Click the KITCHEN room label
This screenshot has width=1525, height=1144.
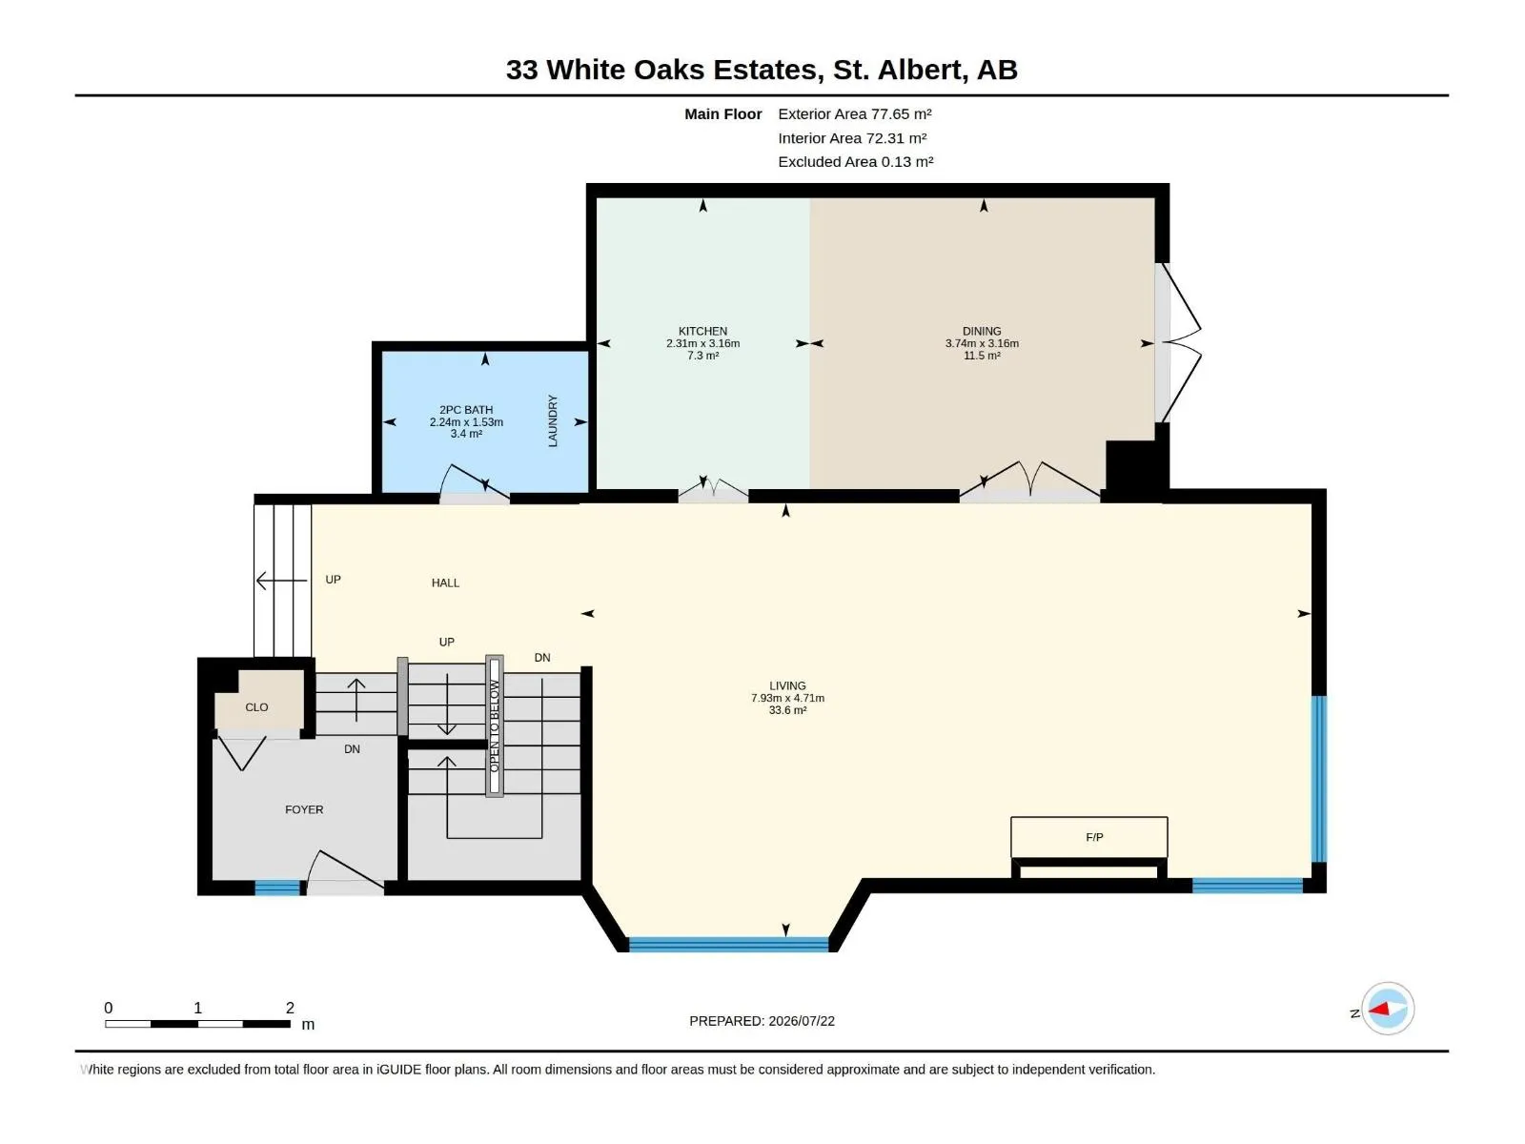click(x=702, y=332)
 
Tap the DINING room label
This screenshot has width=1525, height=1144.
click(x=982, y=332)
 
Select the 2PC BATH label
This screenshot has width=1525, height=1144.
click(x=465, y=410)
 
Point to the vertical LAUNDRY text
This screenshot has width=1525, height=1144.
click(x=552, y=421)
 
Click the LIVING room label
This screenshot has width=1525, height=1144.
click(x=787, y=685)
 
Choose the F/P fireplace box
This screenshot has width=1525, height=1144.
click(x=1088, y=837)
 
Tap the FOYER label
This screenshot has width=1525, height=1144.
click(x=304, y=809)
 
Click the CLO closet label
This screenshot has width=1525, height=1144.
click(x=256, y=707)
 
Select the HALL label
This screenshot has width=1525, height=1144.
click(x=445, y=582)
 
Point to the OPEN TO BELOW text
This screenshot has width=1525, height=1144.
click(x=494, y=725)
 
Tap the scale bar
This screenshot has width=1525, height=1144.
click(x=197, y=1023)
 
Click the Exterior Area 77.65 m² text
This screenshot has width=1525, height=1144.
click(x=855, y=113)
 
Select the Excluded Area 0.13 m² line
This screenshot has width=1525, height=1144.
click(x=855, y=162)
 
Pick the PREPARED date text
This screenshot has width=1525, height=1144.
click(x=762, y=1020)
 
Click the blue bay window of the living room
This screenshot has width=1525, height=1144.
click(x=728, y=944)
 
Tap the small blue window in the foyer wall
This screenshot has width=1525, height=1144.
click(x=277, y=887)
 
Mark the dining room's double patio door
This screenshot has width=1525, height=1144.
click(x=1178, y=342)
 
